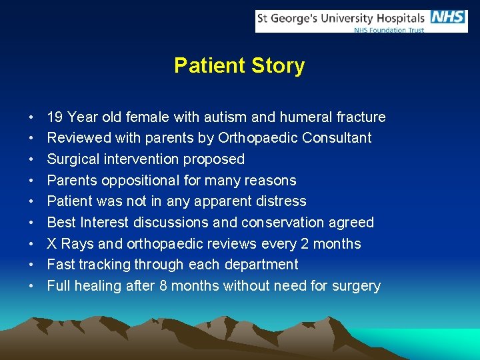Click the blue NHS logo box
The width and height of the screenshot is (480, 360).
(x=448, y=17)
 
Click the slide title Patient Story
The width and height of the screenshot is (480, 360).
(x=239, y=65)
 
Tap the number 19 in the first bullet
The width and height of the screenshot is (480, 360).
(x=55, y=117)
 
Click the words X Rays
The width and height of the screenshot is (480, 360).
(x=71, y=244)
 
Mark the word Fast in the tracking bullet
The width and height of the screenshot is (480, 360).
(x=61, y=265)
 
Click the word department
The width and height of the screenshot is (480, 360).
(x=260, y=265)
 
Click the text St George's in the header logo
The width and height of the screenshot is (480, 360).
(x=289, y=18)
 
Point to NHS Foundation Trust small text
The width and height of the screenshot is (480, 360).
(x=389, y=30)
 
